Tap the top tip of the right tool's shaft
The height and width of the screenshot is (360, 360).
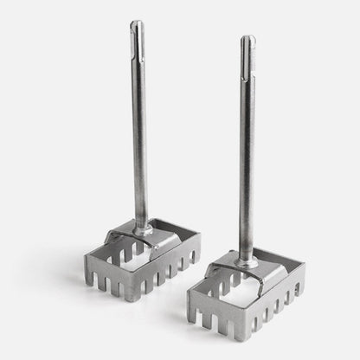tap(247, 38)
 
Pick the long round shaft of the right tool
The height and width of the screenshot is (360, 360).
tap(248, 156)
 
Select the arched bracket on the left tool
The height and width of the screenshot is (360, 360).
tap(130, 235)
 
